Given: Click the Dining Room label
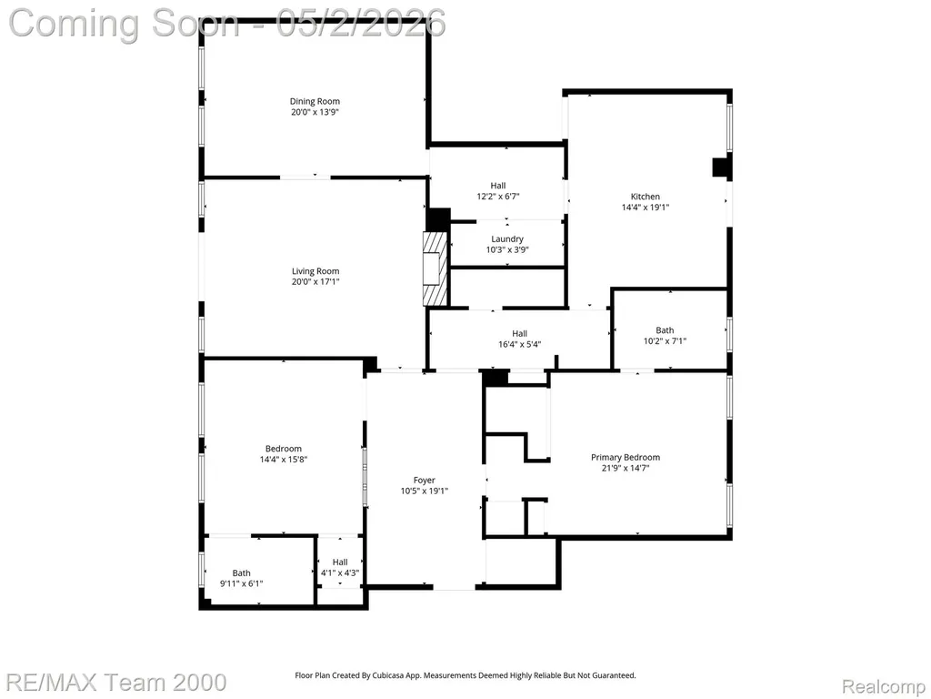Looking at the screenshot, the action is pyautogui.click(x=315, y=102).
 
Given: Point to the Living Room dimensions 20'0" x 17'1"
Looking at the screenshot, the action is pyautogui.click(x=315, y=282).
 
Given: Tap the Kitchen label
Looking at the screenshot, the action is pyautogui.click(x=646, y=197).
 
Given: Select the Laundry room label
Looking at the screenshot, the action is pyautogui.click(x=507, y=239).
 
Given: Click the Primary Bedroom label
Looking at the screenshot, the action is pyautogui.click(x=626, y=457).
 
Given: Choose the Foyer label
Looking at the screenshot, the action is pyautogui.click(x=425, y=481).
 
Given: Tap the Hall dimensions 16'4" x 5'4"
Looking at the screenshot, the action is pyautogui.click(x=519, y=344).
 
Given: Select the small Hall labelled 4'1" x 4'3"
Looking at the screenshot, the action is pyautogui.click(x=340, y=568).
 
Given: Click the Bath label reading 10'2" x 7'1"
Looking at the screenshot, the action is pyautogui.click(x=665, y=336).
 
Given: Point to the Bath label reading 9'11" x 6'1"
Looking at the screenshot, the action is pyautogui.click(x=242, y=578).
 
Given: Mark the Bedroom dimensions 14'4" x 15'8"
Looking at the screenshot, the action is pyautogui.click(x=284, y=460).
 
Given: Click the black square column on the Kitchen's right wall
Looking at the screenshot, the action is pyautogui.click(x=720, y=167).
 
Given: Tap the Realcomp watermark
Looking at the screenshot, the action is pyautogui.click(x=883, y=686).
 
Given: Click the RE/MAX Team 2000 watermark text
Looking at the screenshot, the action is pyautogui.click(x=117, y=683).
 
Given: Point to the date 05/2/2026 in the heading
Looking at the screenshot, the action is pyautogui.click(x=361, y=23).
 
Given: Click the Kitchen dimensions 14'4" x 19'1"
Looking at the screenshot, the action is pyautogui.click(x=646, y=208).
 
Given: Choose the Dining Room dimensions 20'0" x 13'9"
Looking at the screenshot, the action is pyautogui.click(x=315, y=112).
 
